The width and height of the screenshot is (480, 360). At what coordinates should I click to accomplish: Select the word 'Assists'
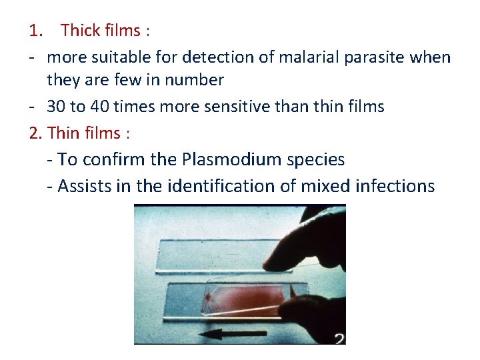(x=85, y=186)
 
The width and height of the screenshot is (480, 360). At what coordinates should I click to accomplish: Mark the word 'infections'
(x=398, y=186)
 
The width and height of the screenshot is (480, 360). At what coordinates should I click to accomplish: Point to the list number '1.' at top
(x=36, y=31)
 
